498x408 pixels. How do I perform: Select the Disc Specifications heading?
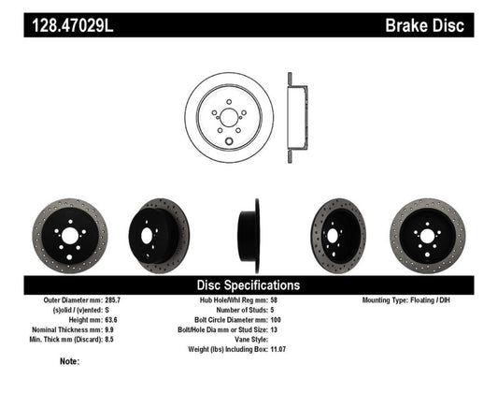click(x=248, y=284)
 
